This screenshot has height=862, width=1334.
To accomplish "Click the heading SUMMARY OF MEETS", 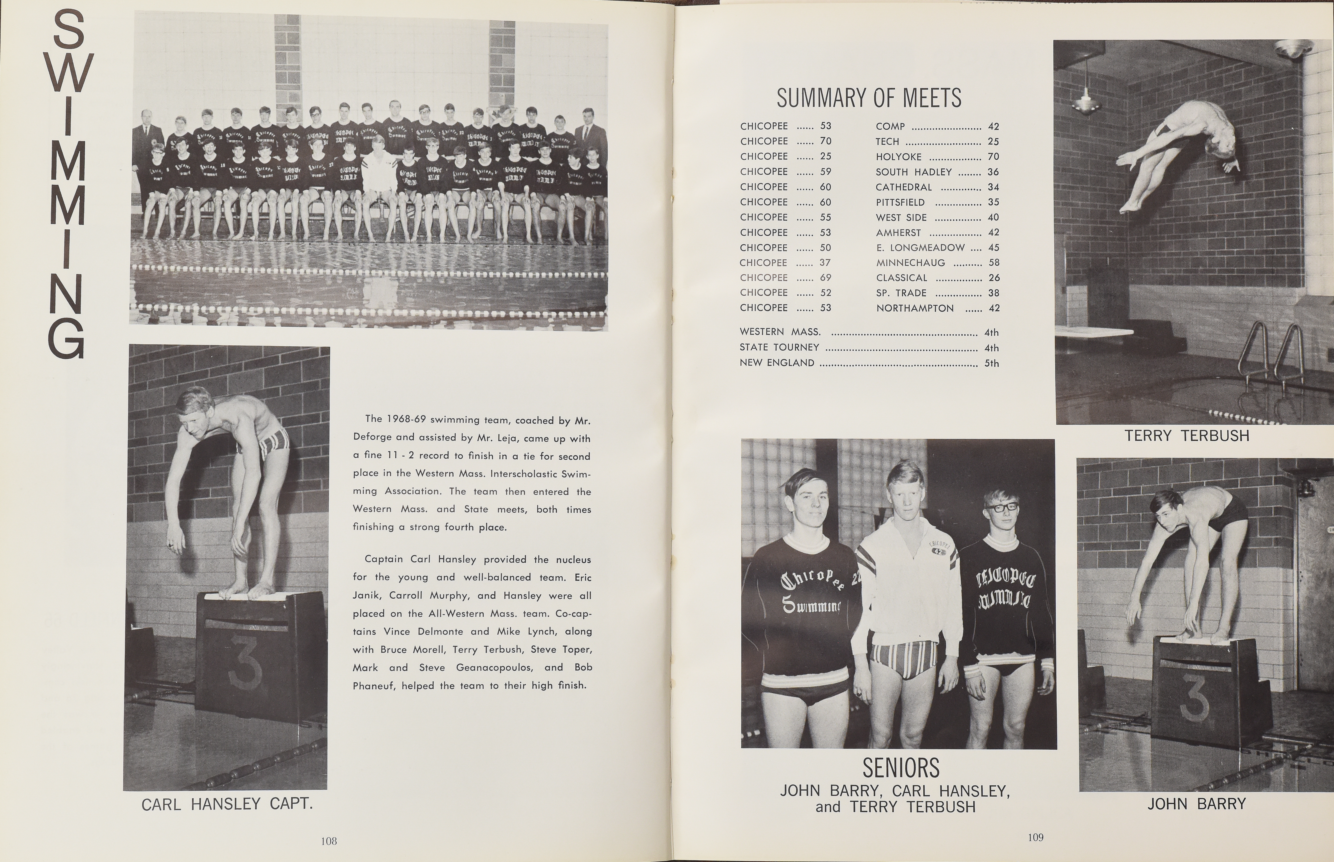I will click(869, 98).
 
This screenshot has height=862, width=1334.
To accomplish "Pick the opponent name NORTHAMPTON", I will click(914, 308).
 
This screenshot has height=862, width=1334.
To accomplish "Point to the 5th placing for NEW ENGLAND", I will click(991, 363).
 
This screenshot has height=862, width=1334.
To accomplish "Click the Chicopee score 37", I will click(825, 262).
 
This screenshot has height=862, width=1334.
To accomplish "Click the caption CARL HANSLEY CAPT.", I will click(227, 804).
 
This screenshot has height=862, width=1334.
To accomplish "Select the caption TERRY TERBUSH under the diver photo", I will click(1187, 436).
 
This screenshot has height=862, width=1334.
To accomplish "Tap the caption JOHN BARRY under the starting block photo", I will click(1196, 804).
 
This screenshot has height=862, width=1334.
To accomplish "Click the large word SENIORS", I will click(900, 768).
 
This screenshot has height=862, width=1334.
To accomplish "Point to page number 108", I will click(329, 841).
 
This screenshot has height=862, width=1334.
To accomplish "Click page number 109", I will click(1035, 837).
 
